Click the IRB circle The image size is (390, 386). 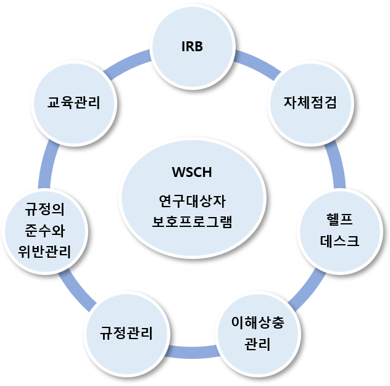[193, 46]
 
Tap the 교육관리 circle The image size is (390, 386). [74, 102]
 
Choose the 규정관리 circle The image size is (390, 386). [127, 333]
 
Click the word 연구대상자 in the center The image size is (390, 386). [192, 201]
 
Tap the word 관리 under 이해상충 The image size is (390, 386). [257, 344]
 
